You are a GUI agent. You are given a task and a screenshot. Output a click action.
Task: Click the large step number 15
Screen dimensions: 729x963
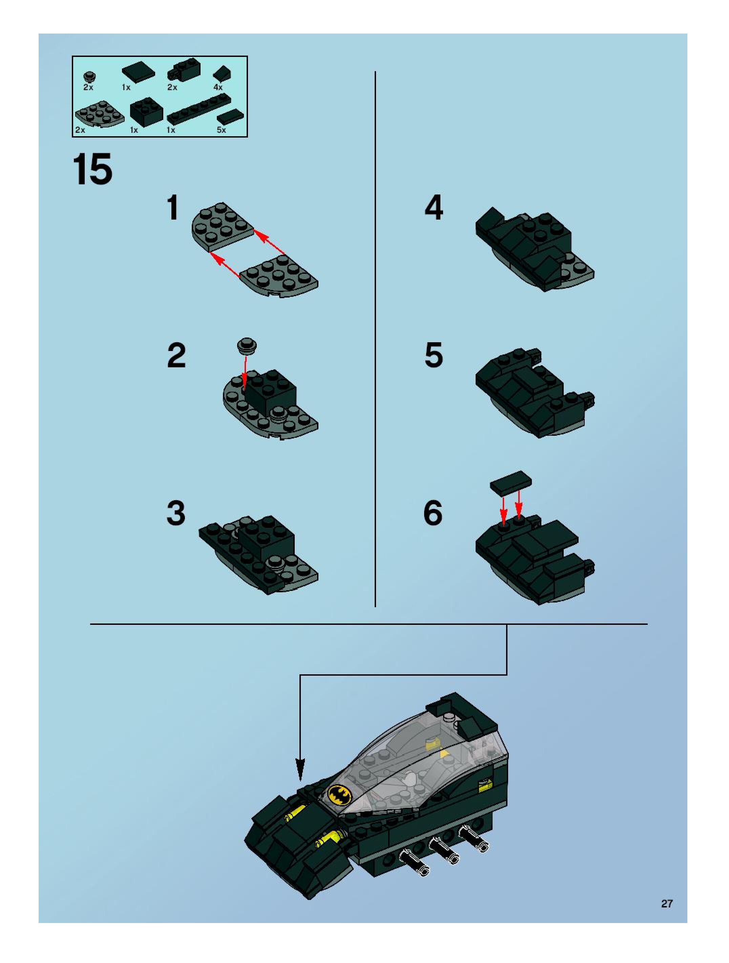[92, 169]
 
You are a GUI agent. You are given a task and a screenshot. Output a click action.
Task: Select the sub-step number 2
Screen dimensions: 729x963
[176, 356]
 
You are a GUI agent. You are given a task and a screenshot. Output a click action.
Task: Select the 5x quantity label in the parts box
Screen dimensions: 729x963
[222, 130]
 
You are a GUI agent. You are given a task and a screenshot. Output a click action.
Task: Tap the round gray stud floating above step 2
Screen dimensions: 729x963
[247, 346]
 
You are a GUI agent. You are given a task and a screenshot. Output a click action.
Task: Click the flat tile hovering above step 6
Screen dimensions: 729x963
[511, 483]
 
